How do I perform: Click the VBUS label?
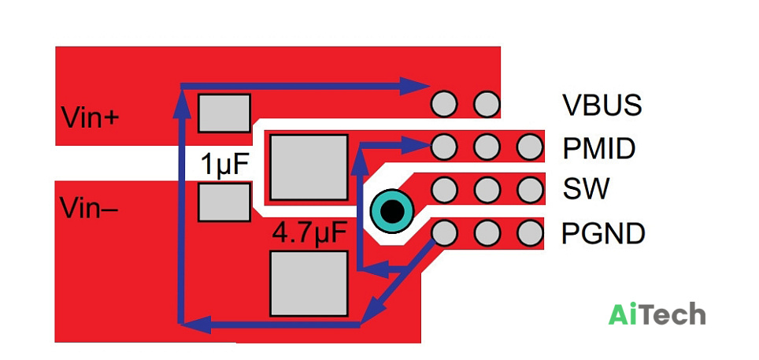[602, 104]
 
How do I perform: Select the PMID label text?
[598, 148]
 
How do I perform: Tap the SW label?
[585, 189]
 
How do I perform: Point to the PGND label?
[603, 233]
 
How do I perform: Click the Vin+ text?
[90, 117]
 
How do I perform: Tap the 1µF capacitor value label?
[225, 165]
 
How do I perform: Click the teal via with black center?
[391, 211]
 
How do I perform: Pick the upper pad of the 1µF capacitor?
[224, 113]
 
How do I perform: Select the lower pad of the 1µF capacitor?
[224, 202]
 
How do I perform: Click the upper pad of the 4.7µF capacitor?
[309, 167]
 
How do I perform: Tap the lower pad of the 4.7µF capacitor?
[309, 284]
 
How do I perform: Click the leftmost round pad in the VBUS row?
[444, 104]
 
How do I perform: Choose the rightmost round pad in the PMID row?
[529, 147]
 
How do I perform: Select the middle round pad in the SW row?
[487, 190]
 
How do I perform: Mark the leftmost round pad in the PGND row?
[444, 233]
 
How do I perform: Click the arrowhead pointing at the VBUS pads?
[415, 86]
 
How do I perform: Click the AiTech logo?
[657, 315]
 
